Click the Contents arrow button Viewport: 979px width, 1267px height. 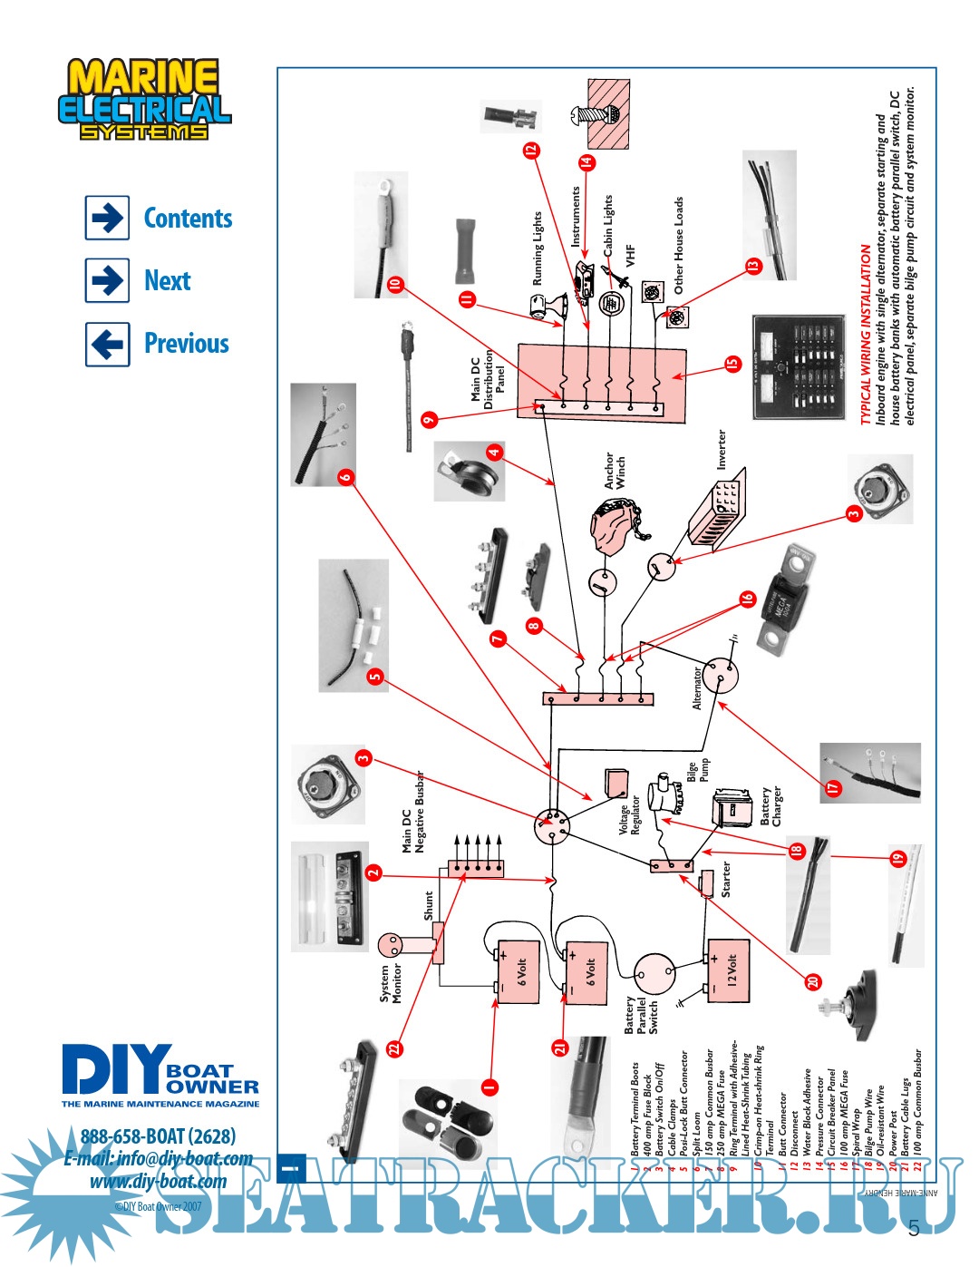[x=108, y=218]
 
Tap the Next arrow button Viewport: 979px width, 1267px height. [x=108, y=280]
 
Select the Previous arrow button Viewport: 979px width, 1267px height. [x=108, y=344]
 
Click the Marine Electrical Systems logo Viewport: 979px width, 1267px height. [x=145, y=100]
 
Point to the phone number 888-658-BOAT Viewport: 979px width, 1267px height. [x=159, y=1136]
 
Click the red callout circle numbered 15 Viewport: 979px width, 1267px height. [x=732, y=364]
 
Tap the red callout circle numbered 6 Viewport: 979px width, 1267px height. [x=345, y=477]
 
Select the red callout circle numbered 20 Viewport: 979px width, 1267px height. [x=813, y=981]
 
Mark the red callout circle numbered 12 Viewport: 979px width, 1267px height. [x=531, y=150]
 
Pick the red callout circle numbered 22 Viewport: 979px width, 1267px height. [x=393, y=1048]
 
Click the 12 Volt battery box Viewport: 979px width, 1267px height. [x=729, y=971]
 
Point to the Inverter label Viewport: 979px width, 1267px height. [x=722, y=449]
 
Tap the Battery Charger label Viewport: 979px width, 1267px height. [x=771, y=806]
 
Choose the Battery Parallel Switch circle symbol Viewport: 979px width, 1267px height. [x=654, y=973]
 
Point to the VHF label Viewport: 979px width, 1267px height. [x=631, y=256]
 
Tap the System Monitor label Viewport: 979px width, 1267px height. [x=390, y=983]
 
